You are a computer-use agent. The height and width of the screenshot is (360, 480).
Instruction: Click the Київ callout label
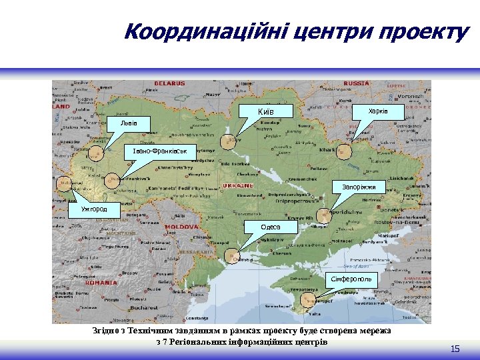[266, 110]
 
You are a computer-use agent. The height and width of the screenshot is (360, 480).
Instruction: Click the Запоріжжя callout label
[359, 187]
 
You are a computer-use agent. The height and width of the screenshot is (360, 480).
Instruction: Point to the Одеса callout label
[270, 227]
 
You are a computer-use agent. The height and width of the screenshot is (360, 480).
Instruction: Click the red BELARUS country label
[169, 83]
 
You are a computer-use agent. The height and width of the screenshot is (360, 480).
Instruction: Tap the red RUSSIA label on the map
[356, 83]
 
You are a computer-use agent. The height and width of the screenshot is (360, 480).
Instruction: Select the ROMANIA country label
[101, 282]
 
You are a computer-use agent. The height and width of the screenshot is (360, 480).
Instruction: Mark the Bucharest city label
[144, 308]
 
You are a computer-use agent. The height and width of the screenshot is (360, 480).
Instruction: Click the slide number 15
[455, 349]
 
